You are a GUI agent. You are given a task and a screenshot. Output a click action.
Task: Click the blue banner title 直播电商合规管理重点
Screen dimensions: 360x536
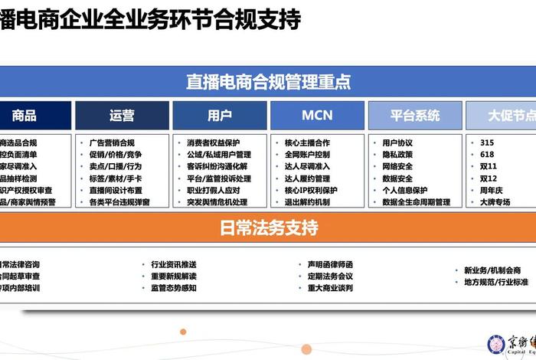click(x=268, y=80)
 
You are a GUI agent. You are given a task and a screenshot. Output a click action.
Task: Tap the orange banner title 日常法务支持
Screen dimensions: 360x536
click(x=268, y=227)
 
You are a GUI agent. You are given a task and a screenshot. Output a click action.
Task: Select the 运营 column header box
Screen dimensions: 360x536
click(x=122, y=116)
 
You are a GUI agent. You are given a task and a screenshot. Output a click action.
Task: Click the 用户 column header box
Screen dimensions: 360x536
click(x=220, y=116)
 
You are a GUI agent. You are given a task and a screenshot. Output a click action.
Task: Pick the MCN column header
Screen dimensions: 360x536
click(x=317, y=116)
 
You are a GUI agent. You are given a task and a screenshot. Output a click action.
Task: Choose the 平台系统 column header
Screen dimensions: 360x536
click(x=415, y=116)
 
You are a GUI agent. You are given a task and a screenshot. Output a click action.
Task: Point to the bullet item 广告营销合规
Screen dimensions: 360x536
click(x=112, y=142)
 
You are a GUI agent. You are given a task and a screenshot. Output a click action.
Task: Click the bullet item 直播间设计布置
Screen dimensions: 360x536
click(x=116, y=191)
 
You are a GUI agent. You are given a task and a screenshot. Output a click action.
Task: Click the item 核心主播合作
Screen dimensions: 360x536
click(x=307, y=142)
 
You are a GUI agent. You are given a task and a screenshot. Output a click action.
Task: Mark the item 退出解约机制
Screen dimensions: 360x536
click(x=307, y=202)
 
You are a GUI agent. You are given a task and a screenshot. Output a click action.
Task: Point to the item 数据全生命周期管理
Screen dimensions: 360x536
click(x=416, y=202)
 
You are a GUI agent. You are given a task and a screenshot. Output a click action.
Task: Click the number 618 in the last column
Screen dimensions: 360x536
click(x=487, y=155)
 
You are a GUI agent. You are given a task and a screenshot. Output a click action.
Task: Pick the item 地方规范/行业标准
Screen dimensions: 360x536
click(x=495, y=282)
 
